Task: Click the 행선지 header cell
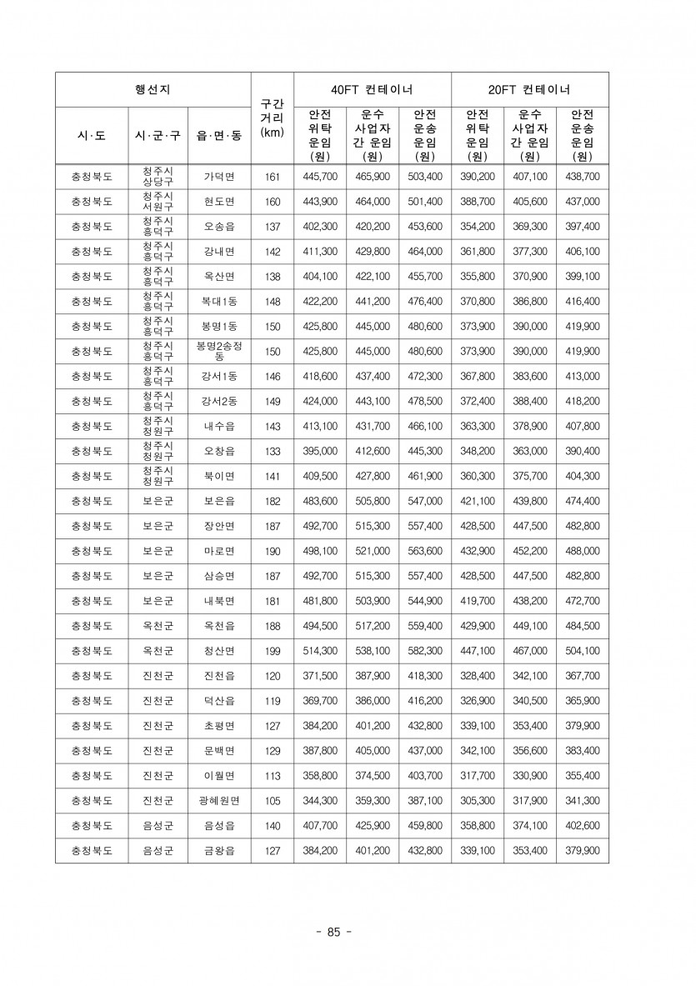[153, 89]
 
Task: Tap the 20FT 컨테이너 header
[529, 89]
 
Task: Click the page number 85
[334, 932]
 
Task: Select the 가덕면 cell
[219, 177]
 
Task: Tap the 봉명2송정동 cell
[219, 351]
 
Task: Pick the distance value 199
[272, 651]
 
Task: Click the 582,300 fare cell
[424, 651]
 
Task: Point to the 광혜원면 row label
[219, 801]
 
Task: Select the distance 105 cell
[272, 801]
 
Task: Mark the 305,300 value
[478, 801]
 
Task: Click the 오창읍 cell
[219, 451]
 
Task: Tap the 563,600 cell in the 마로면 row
[424, 551]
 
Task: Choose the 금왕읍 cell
[219, 851]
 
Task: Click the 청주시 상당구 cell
[158, 177]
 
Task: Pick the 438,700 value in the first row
[582, 177]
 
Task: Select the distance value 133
[272, 451]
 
